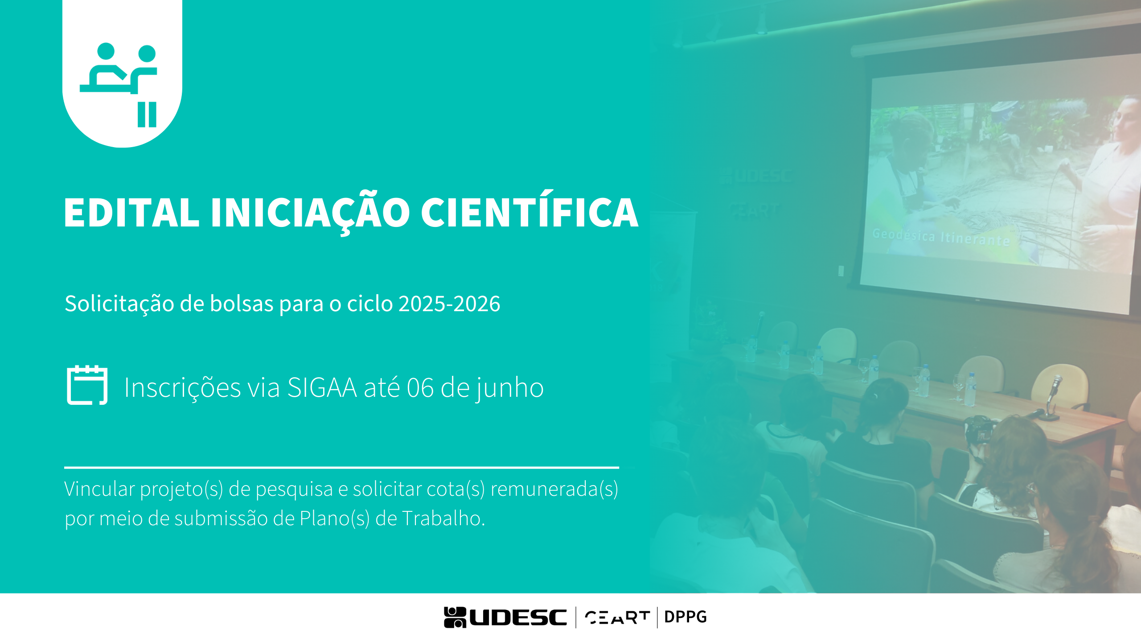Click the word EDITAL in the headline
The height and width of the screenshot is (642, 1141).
pyautogui.click(x=131, y=212)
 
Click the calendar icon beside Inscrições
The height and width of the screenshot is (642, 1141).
pyautogui.click(x=87, y=385)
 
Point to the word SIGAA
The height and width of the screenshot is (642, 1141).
pyautogui.click(x=322, y=387)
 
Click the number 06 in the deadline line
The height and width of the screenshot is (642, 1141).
pyautogui.click(x=420, y=388)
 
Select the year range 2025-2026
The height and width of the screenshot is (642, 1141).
pyautogui.click(x=449, y=304)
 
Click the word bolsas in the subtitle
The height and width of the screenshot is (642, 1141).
pyautogui.click(x=242, y=303)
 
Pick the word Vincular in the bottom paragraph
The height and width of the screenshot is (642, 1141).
pyautogui.click(x=99, y=489)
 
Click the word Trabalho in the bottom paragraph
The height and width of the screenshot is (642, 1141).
pyautogui.click(x=443, y=518)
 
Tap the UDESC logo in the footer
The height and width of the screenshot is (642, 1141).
pyautogui.click(x=505, y=617)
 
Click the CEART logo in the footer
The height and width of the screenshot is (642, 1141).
pyautogui.click(x=617, y=617)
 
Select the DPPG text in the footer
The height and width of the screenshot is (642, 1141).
pyautogui.click(x=685, y=617)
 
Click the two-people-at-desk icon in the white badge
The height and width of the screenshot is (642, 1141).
pyautogui.click(x=119, y=85)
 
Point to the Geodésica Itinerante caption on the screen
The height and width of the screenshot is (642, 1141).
pyautogui.click(x=941, y=237)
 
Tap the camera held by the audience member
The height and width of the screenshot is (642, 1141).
pyautogui.click(x=979, y=429)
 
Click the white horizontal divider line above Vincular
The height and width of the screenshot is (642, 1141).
pyautogui.click(x=341, y=468)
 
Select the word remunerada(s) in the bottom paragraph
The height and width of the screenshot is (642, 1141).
pyautogui.click(x=554, y=489)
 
